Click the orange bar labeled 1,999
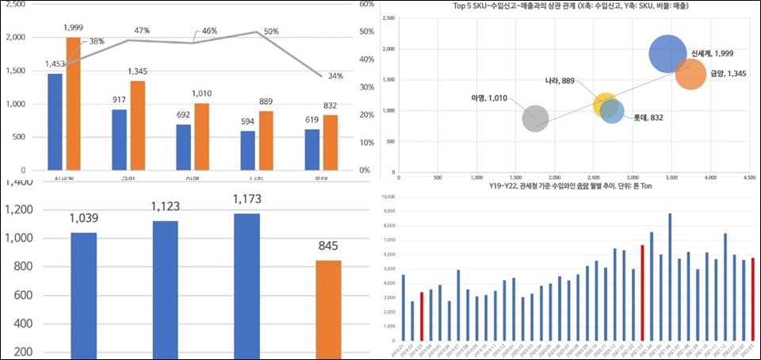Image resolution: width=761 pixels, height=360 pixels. (x=73, y=103)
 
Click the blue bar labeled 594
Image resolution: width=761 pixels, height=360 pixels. (x=247, y=150)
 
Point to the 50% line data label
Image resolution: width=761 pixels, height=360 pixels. (x=271, y=30)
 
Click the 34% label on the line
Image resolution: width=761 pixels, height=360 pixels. (x=335, y=77)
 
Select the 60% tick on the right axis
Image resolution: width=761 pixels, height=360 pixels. (x=365, y=4)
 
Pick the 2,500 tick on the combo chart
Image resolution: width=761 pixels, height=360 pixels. (x=15, y=4)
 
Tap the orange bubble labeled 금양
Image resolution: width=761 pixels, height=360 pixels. (x=691, y=75)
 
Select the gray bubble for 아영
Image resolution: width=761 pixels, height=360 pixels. (x=535, y=117)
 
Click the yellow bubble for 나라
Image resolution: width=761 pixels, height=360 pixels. (x=606, y=104)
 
